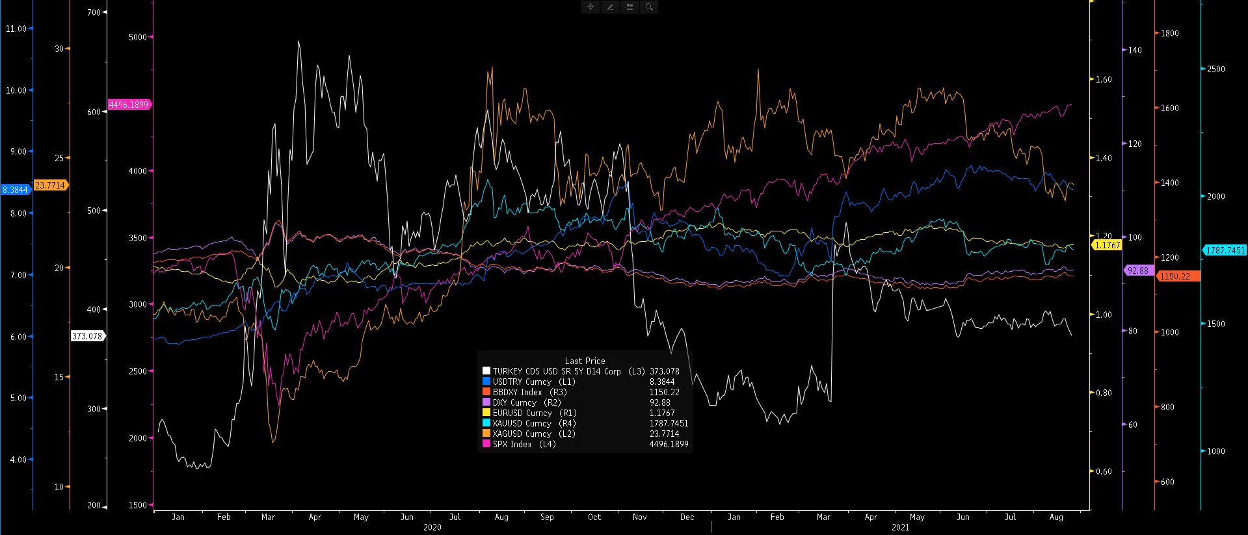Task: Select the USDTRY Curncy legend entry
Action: (x=522, y=382)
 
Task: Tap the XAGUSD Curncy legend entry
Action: (x=522, y=434)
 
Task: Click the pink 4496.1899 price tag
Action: (x=129, y=105)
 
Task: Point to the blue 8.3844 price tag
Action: (x=15, y=190)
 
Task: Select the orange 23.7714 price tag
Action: (x=50, y=185)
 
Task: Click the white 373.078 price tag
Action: (x=87, y=336)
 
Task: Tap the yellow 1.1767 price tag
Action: (x=1107, y=245)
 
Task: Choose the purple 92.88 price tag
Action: (x=1137, y=270)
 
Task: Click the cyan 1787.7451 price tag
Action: (x=1225, y=250)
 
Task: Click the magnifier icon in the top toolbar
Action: (x=649, y=7)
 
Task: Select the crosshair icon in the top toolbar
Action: (x=591, y=7)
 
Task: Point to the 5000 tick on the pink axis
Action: (x=138, y=37)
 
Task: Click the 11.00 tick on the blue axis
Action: (x=16, y=29)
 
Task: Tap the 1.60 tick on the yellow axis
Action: (x=1104, y=80)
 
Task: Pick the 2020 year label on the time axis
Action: (x=432, y=527)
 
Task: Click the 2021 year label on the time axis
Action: (x=900, y=527)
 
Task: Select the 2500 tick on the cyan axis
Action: (x=1215, y=69)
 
